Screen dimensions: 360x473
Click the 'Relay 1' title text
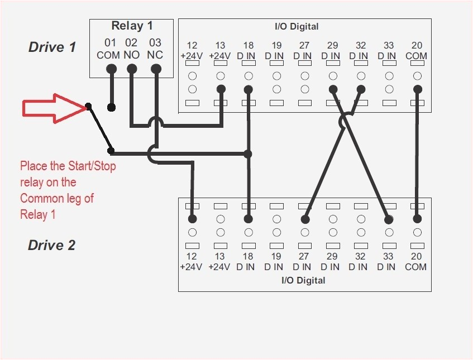132,26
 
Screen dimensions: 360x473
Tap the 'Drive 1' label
52,47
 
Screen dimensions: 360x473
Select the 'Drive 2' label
51,245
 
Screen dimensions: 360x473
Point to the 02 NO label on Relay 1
131,49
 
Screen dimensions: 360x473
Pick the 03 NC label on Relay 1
155,49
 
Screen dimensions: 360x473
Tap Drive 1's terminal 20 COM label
416,51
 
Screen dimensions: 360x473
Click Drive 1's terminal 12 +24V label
192,51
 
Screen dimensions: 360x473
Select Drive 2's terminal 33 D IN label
388,262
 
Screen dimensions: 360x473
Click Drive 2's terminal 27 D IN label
304,262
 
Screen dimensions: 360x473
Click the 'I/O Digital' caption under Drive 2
303,280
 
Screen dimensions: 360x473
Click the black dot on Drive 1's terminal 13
221,89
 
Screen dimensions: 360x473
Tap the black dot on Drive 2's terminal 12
192,219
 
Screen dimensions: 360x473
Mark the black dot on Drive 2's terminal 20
417,219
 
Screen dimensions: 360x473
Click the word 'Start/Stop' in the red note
90,166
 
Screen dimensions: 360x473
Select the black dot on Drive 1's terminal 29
333,89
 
